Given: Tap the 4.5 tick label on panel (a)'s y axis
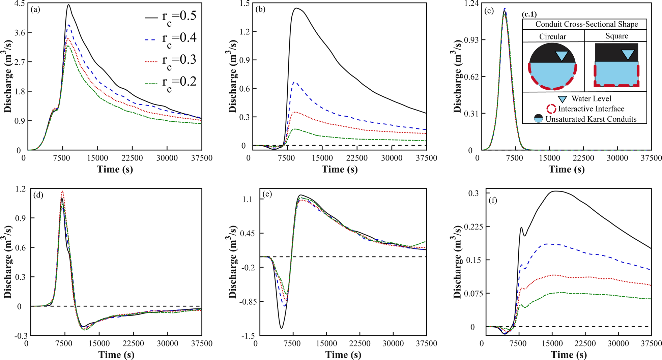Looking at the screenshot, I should [20, 4].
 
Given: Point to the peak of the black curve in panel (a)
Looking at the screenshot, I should [68, 5].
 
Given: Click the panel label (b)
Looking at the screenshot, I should [260, 9].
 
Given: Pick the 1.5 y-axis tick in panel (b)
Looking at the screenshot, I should [244, 4].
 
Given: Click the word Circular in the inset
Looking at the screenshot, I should [552, 36].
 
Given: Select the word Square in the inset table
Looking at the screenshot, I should [616, 36].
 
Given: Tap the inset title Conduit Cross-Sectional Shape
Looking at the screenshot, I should [586, 24].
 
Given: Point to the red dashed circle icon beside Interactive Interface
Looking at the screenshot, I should [551, 109].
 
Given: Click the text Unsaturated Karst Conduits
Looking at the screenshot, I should [591, 119].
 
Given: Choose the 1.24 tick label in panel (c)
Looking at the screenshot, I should [471, 4].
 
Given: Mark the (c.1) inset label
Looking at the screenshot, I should [529, 14].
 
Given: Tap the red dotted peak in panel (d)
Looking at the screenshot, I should [62, 191].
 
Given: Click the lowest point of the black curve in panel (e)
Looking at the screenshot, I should [281, 328].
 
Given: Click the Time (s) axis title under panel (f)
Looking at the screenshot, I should [569, 355].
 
